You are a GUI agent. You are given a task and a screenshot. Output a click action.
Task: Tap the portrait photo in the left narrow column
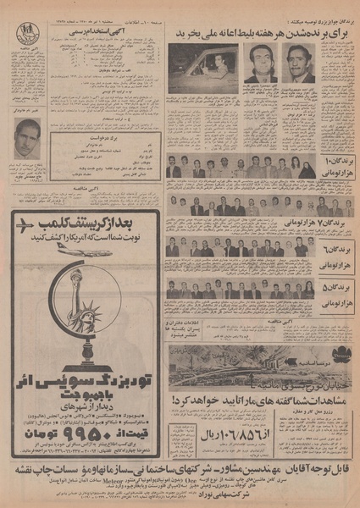(x=27, y=138)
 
